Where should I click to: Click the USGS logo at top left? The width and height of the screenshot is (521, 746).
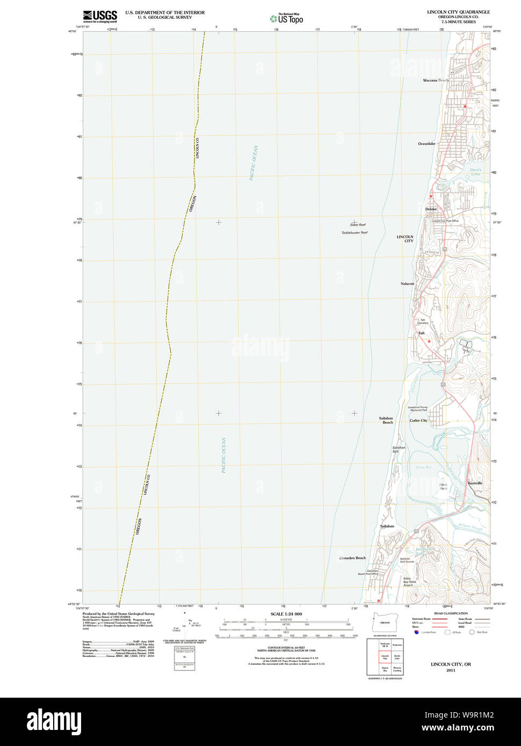pyautogui.click(x=100, y=16)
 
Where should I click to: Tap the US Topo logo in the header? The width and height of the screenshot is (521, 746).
pyautogui.click(x=286, y=18)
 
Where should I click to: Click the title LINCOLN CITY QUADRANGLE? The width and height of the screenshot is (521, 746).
pyautogui.click(x=458, y=12)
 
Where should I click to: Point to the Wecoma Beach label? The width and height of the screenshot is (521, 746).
pyautogui.click(x=435, y=81)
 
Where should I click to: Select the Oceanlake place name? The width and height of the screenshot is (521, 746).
pyautogui.click(x=426, y=144)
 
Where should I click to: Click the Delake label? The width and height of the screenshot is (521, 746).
pyautogui.click(x=431, y=209)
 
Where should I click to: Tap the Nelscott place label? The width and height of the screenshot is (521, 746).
pyautogui.click(x=407, y=283)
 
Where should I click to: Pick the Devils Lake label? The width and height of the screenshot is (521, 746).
pyautogui.click(x=476, y=172)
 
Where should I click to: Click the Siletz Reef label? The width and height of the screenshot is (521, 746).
pyautogui.click(x=358, y=224)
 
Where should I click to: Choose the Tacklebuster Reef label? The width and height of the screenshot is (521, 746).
pyautogui.click(x=354, y=233)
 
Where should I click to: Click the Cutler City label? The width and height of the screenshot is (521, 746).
pyautogui.click(x=418, y=421)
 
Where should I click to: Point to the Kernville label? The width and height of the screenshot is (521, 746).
pyautogui.click(x=475, y=483)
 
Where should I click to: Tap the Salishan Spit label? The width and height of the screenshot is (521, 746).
pyautogui.click(x=399, y=449)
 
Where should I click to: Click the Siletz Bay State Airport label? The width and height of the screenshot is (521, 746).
pyautogui.click(x=409, y=582)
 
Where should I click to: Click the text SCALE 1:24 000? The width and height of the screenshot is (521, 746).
pyautogui.click(x=286, y=614)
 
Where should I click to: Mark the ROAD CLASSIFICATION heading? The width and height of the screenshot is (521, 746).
pyautogui.click(x=451, y=613)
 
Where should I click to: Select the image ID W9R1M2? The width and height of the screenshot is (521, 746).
pyautogui.click(x=472, y=715)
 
